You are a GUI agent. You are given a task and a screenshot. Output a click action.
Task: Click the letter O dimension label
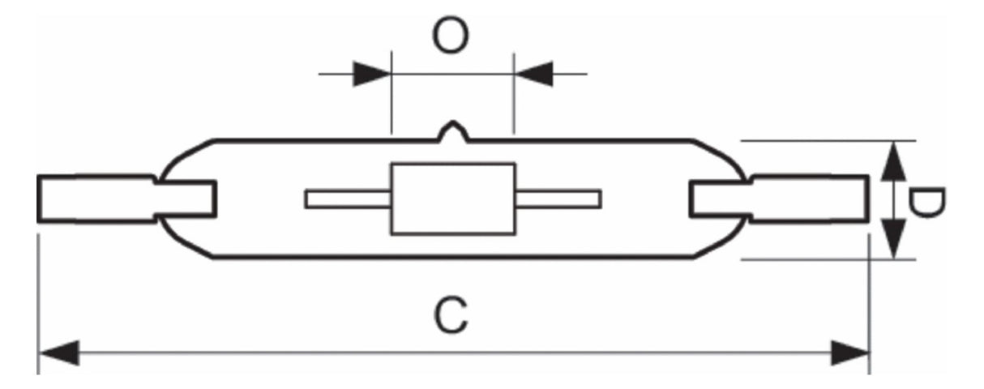(451, 36)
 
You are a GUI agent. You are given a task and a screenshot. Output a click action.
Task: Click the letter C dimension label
(451, 315)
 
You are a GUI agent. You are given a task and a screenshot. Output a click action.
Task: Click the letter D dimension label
(926, 203)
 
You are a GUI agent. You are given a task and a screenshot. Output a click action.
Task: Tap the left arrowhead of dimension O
(372, 75)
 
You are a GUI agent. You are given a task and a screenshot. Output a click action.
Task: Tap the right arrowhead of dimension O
(533, 75)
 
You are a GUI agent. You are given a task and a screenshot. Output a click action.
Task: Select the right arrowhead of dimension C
(850, 353)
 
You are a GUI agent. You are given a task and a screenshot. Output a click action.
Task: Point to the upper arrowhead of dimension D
(893, 161)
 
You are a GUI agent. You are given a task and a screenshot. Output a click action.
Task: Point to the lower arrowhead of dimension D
(893, 239)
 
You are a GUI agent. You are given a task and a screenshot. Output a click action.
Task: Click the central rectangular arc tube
(453, 199)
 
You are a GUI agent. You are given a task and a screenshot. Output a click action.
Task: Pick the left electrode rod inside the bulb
(348, 199)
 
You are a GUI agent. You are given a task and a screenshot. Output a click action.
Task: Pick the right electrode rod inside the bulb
(558, 199)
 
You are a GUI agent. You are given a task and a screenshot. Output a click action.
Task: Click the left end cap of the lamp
(126, 199)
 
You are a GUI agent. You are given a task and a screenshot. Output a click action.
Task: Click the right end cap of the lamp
(779, 199)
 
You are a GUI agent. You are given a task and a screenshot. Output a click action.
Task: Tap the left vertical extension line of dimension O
(391, 92)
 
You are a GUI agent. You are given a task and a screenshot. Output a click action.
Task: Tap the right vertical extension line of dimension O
(514, 92)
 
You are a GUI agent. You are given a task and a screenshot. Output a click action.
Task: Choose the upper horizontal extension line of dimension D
(828, 141)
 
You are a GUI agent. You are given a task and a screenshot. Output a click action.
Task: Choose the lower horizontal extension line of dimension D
(828, 259)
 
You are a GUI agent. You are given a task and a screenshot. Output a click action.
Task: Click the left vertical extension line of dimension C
(39, 304)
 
